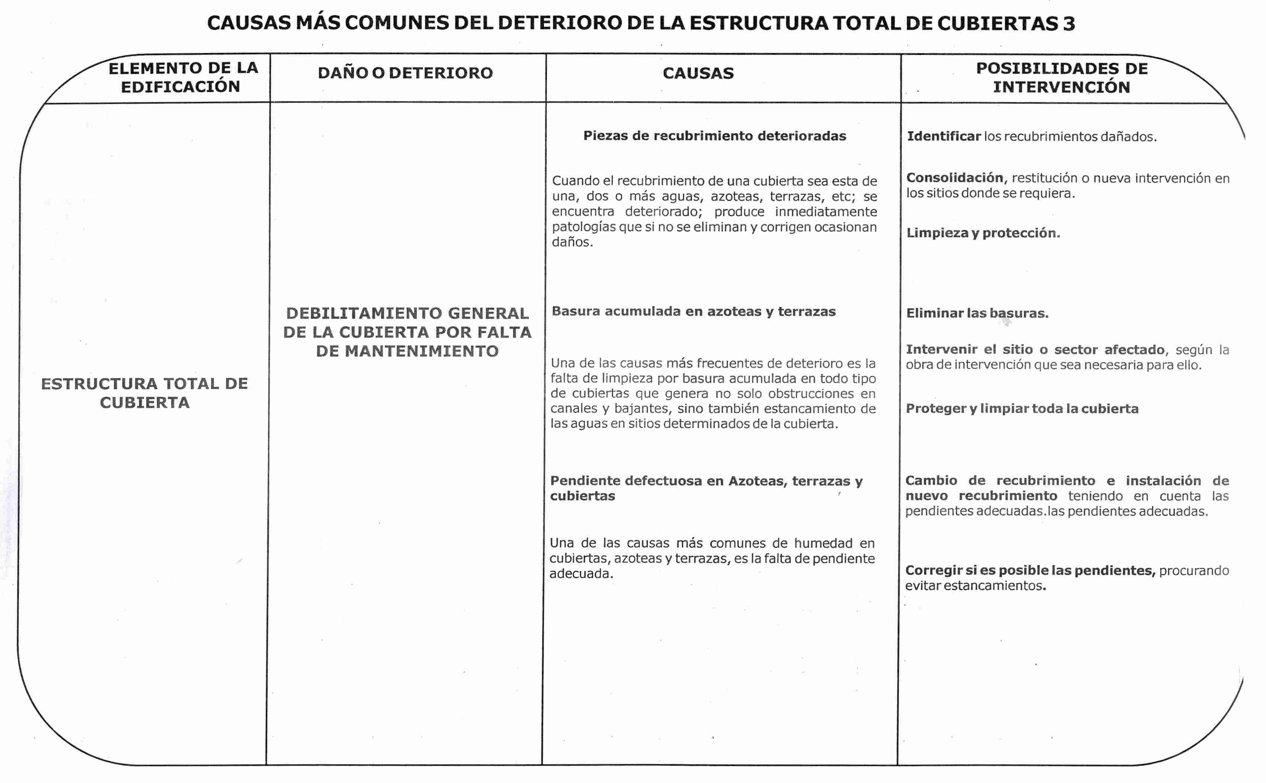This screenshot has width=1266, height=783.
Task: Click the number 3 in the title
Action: tap(1068, 23)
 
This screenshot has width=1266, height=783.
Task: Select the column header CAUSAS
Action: tap(698, 73)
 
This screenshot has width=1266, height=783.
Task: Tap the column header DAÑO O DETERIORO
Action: tap(405, 73)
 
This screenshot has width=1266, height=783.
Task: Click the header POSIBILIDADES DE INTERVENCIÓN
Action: tap(1062, 78)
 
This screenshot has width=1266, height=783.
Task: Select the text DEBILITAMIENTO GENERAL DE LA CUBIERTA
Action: tap(407, 323)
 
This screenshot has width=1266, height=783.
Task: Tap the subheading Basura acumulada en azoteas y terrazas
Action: tap(693, 311)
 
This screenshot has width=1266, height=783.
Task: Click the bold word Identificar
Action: tap(943, 136)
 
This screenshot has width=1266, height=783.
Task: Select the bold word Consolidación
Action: tap(955, 178)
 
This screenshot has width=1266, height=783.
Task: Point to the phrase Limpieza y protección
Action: tap(983, 233)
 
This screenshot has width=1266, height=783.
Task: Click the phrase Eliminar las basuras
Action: tap(977, 313)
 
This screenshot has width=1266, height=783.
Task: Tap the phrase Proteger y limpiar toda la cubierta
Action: tap(1021, 408)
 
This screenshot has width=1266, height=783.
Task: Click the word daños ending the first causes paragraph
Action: tap(572, 242)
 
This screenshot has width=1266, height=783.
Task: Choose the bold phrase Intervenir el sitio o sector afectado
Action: tap(1035, 350)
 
